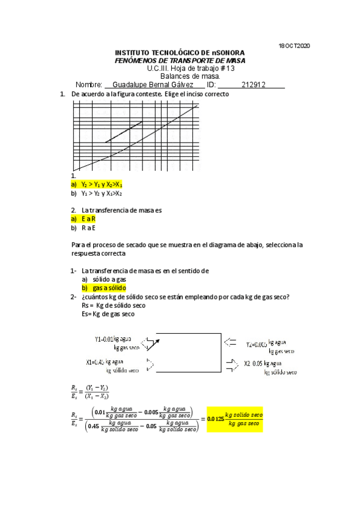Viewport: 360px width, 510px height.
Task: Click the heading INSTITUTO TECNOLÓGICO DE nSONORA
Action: [180, 54]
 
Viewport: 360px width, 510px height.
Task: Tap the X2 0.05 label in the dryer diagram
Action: [270, 366]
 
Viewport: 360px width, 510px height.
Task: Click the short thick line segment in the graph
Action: [123, 132]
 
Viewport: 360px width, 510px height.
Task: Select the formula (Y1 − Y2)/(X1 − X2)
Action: [97, 392]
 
